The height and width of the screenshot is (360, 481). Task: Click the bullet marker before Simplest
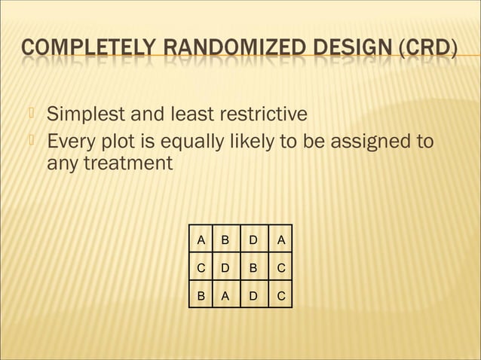32,114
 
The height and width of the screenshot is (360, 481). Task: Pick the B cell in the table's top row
224,240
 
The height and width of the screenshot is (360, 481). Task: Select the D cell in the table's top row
253,240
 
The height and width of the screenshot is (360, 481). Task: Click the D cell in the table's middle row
224,268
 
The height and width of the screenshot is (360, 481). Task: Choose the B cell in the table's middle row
253,268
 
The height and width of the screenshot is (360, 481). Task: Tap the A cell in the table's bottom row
224,296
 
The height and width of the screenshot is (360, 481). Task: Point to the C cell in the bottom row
280,296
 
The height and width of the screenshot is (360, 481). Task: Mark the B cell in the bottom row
201,296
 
